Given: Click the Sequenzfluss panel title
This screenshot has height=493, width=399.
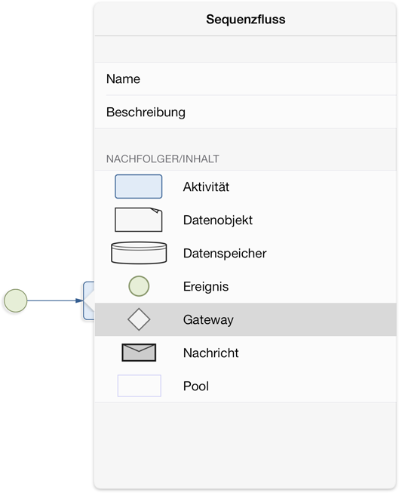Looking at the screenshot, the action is pos(246,20).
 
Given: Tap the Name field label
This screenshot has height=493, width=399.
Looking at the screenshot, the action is pos(123,79).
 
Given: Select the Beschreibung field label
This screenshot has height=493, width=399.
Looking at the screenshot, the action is pos(146,112).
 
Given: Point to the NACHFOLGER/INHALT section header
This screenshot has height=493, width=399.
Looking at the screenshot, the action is pos(163,159).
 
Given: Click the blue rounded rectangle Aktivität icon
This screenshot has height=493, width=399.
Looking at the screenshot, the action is pos(139,186).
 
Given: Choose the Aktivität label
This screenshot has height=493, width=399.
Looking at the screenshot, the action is pos(206,186).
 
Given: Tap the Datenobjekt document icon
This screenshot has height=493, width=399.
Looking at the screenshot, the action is pos(139,220).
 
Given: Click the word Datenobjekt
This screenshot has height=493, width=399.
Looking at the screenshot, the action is pos(218,220).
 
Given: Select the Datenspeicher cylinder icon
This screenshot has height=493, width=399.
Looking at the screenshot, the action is pos(139,253).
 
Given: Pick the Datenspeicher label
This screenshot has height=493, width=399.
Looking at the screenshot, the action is pos(225,254).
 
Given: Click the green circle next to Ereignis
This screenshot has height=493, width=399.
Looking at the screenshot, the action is pos(139,286).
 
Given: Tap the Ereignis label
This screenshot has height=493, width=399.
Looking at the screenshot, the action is pos(206,287).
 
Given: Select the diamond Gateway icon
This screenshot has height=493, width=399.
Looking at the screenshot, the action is pos(139,319).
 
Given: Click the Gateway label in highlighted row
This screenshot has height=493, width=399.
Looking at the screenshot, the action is pos(208,320).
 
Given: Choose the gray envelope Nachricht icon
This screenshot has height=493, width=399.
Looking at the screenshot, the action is pos(139,353).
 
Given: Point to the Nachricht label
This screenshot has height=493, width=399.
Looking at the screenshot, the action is pos(210,353).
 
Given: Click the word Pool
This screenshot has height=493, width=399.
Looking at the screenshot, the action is pos(196,386).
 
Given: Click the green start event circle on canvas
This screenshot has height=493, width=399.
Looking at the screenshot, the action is pos(15,301).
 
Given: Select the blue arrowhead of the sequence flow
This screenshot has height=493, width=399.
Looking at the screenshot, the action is pos(79,301).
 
